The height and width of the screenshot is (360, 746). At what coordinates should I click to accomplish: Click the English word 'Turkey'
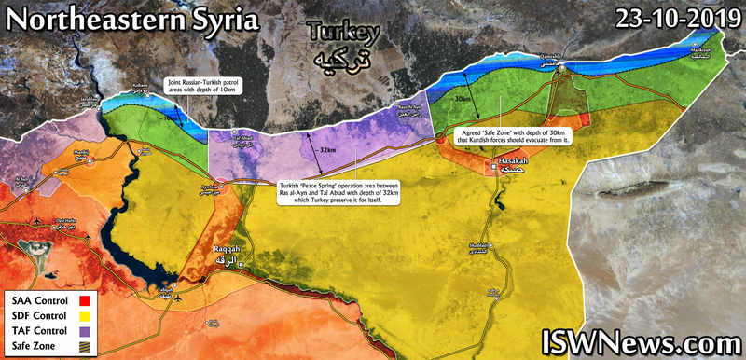[x=344, y=34]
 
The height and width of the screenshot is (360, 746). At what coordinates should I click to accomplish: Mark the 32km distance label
[x=326, y=150]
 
